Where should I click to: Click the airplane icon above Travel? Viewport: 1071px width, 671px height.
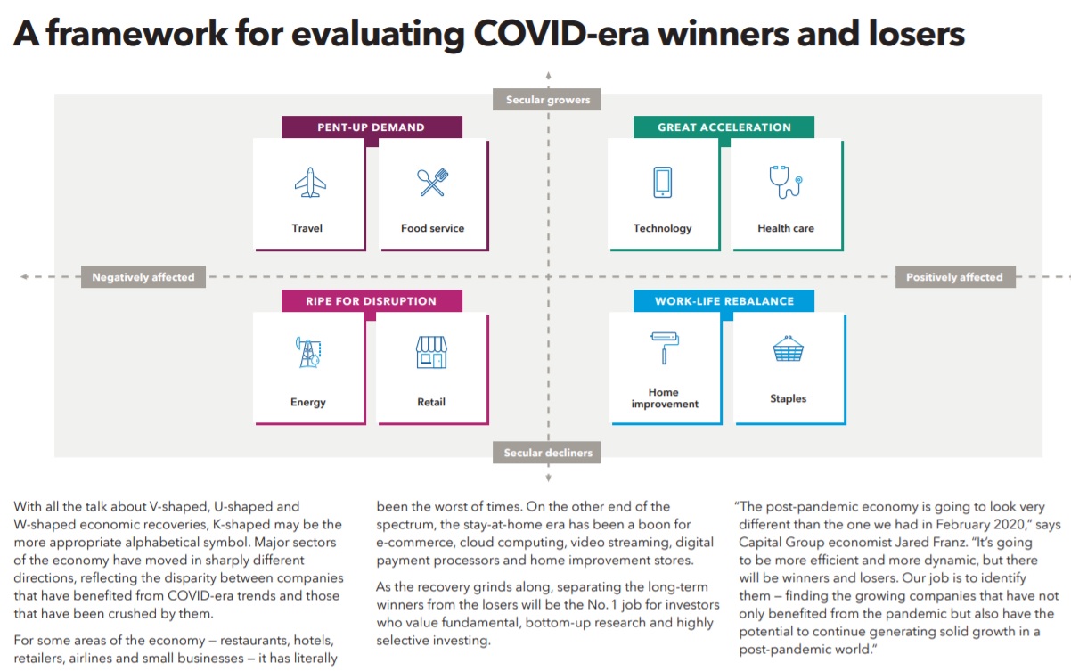point(310,182)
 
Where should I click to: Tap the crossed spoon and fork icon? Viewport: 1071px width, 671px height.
point(433,182)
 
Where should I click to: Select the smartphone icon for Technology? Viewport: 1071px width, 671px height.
point(663,182)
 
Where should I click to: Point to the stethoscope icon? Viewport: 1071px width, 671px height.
point(786,182)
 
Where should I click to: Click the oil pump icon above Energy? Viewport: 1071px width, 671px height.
point(308,352)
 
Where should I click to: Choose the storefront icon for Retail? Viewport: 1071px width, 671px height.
point(431,352)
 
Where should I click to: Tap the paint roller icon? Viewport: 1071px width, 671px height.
point(665,348)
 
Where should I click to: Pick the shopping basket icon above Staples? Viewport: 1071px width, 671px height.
point(789,348)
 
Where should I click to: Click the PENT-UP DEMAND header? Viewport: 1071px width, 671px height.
point(372,127)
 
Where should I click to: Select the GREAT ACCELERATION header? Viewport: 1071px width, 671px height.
point(724,127)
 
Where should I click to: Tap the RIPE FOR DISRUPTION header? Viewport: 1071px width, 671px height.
point(372,301)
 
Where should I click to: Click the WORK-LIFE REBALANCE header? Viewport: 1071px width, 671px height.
point(724,301)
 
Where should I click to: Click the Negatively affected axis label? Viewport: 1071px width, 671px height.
point(143,277)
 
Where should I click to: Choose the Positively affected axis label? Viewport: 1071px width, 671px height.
point(955,277)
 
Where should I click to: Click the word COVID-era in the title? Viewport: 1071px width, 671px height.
point(561,34)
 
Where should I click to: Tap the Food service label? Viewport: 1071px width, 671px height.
point(433,228)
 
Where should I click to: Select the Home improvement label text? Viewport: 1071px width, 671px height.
point(665,398)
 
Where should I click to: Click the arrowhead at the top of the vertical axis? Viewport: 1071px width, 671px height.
point(548,75)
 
